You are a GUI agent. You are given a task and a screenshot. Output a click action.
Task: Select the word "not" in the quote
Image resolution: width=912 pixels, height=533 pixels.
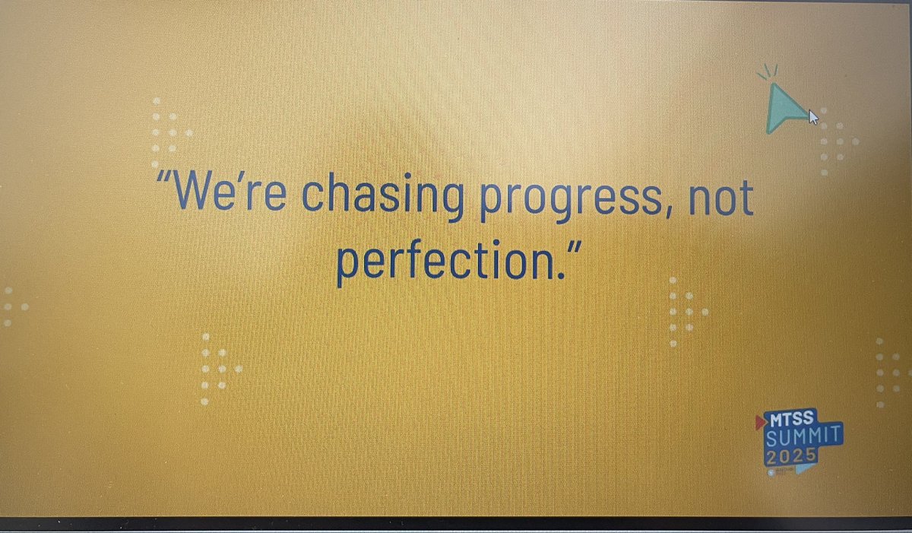[x=719, y=195]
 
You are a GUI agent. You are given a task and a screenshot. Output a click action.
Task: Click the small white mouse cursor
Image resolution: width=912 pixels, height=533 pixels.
[x=813, y=117]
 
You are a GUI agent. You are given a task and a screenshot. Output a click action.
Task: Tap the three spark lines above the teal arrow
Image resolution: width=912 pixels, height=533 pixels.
[x=768, y=72]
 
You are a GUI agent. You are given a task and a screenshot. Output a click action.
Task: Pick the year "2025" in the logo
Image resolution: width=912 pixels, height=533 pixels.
[x=791, y=455]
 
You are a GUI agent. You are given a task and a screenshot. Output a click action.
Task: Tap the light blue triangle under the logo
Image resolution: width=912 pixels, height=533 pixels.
[x=804, y=468]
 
